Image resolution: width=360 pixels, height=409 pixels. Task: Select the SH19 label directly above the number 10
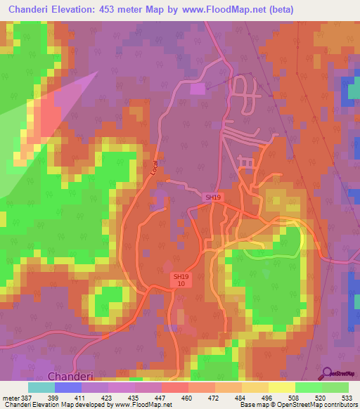[x=181, y=277]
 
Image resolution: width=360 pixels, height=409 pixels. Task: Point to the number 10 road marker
[x=181, y=284]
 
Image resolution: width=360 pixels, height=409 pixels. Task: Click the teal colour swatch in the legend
[x=41, y=387]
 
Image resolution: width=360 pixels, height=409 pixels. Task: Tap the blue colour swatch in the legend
[x=68, y=387]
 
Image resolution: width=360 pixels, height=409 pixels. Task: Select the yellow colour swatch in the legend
[x=282, y=387]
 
